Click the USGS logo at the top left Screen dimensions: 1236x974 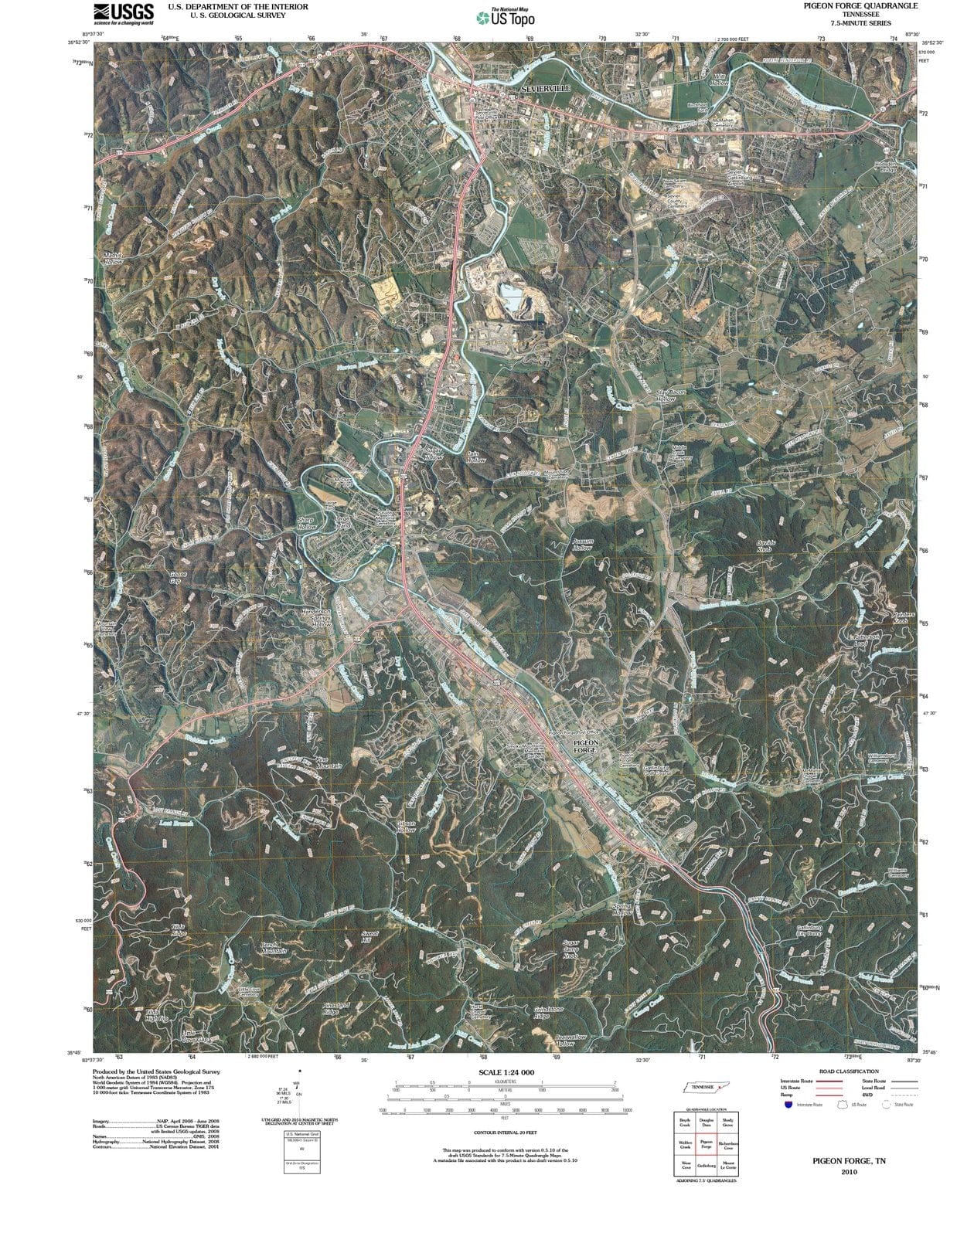click(x=124, y=13)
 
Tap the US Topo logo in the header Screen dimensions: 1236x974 click(x=506, y=18)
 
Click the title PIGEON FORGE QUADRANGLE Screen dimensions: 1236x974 click(x=860, y=5)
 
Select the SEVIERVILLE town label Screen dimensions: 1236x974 click(x=545, y=89)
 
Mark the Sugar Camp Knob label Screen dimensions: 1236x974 click(x=570, y=949)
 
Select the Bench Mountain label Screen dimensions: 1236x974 click(x=274, y=948)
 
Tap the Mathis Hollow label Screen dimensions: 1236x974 click(x=114, y=258)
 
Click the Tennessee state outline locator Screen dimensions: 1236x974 click(x=706, y=1087)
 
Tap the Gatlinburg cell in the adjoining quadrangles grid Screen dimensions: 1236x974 click(x=707, y=1166)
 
